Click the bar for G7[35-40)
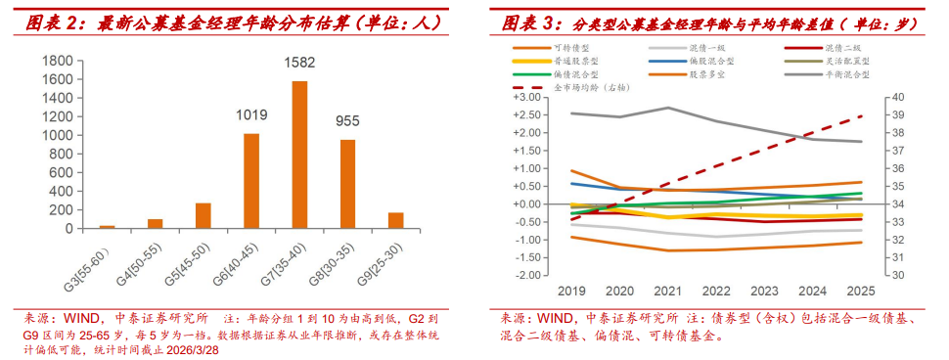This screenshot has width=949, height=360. tap(299, 155)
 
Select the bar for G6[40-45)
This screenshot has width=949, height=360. tap(251, 181)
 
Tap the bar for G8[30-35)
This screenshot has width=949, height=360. tap(347, 184)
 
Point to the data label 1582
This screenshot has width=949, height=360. tap(299, 64)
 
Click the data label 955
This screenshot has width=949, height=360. tap(347, 122)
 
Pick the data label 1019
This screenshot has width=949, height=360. tap(251, 115)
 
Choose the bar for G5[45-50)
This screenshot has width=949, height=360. tap(203, 215)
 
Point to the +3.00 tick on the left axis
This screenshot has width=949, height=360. tap(526, 98)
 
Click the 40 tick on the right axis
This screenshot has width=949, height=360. tap(892, 98)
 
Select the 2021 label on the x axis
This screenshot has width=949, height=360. tap(667, 292)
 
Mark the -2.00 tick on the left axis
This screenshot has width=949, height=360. tap(526, 275)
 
